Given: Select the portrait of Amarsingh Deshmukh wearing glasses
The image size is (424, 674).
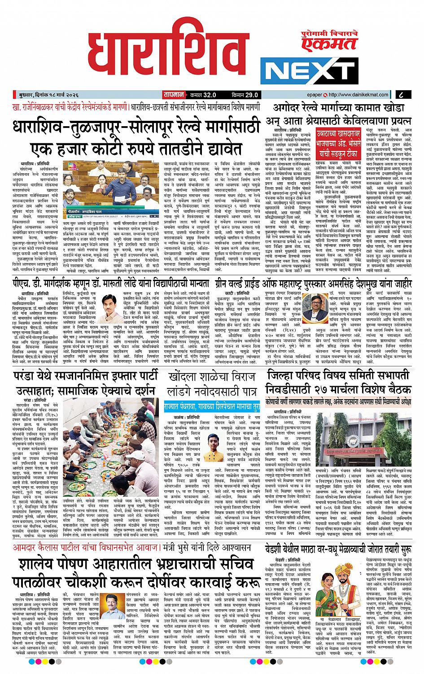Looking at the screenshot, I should click(313, 309).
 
